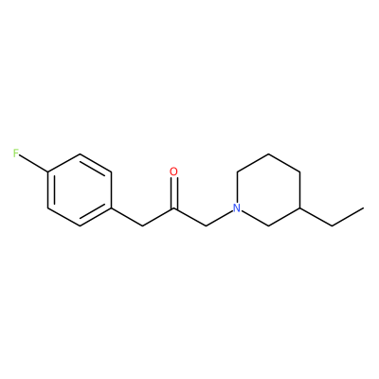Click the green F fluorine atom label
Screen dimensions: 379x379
pos(16,153)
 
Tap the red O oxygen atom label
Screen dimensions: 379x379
pos(173,171)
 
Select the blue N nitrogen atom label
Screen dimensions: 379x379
pos(237,208)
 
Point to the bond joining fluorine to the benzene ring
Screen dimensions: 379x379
pos(34,164)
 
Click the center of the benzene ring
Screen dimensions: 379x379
pos(80,189)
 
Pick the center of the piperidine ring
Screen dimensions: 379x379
pos(268,189)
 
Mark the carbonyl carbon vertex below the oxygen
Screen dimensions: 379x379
pos(174,208)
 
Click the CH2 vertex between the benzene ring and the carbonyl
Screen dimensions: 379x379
pos(142,226)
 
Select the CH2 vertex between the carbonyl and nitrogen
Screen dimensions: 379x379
pos(206,226)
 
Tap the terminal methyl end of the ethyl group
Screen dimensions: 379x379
pos(363,208)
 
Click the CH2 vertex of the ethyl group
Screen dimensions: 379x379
pos(332,226)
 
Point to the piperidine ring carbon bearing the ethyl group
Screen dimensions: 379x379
pos(300,208)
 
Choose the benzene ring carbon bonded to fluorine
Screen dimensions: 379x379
pos(48,172)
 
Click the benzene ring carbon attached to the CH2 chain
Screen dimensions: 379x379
pos(111,208)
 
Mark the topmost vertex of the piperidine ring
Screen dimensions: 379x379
pos(268,153)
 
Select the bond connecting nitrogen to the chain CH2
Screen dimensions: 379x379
pos(219,218)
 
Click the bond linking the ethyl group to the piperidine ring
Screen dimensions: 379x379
pos(316,217)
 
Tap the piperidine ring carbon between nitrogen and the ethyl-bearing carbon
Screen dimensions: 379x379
pos(268,226)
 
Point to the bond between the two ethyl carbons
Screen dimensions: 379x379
pos(348,217)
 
